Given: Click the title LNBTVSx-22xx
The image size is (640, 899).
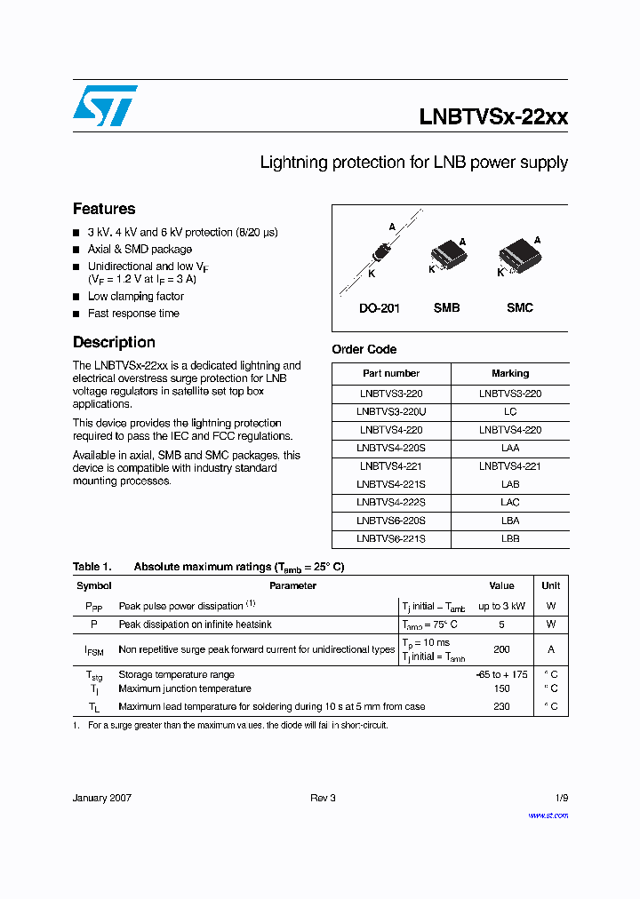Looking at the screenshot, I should [x=492, y=117].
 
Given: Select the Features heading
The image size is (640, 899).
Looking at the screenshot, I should [x=104, y=209].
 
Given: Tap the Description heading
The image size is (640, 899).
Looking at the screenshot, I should [x=114, y=342].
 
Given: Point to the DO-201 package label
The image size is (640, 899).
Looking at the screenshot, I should [x=380, y=308].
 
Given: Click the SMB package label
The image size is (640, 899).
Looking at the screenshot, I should [x=446, y=308].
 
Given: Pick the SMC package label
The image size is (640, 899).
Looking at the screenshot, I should [x=520, y=308].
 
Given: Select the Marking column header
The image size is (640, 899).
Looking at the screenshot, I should [x=510, y=373].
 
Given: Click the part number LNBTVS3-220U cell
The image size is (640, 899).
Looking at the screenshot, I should [x=391, y=411].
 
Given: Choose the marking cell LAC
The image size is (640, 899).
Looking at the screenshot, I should [x=510, y=503].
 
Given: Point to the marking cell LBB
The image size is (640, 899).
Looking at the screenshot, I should [x=510, y=539].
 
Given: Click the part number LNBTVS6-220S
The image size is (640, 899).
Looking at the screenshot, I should [x=391, y=521].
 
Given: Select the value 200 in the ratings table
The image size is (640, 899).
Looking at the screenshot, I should [x=501, y=649].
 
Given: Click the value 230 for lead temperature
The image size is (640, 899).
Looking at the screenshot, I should [x=501, y=706].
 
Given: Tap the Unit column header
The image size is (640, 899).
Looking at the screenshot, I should [x=551, y=585].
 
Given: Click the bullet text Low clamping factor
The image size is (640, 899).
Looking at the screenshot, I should [x=135, y=297].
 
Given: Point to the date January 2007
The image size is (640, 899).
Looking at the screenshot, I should [x=102, y=798].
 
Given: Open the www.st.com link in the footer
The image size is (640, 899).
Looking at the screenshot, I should [x=548, y=815].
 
